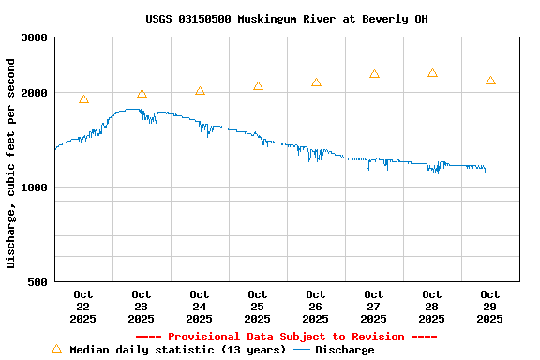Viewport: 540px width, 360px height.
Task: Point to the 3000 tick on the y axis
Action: [35, 37]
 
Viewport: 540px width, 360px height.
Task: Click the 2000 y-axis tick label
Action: [35, 93]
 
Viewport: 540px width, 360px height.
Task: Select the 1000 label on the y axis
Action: [35, 187]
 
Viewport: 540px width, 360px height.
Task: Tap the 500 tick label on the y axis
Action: [38, 282]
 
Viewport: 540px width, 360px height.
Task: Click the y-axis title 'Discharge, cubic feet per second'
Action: [11, 163]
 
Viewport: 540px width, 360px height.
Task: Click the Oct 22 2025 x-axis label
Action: [83, 307]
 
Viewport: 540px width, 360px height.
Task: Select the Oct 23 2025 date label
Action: [142, 307]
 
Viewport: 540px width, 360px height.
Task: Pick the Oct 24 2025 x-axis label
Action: [200, 307]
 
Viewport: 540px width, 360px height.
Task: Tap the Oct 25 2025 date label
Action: [258, 307]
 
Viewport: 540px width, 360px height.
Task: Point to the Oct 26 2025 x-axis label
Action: [316, 307]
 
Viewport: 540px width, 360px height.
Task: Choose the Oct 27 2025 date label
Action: [374, 307]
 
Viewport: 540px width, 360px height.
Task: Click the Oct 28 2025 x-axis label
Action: [432, 307]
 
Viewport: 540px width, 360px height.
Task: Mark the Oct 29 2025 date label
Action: [490, 307]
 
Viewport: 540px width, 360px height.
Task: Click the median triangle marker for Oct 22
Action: [83, 99]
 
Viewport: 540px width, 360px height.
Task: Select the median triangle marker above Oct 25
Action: [258, 86]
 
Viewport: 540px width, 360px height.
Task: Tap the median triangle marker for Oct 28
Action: [432, 73]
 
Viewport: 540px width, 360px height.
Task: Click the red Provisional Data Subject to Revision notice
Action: [286, 337]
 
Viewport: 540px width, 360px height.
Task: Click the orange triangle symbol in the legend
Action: [56, 349]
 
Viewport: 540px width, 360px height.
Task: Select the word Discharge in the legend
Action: [344, 350]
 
